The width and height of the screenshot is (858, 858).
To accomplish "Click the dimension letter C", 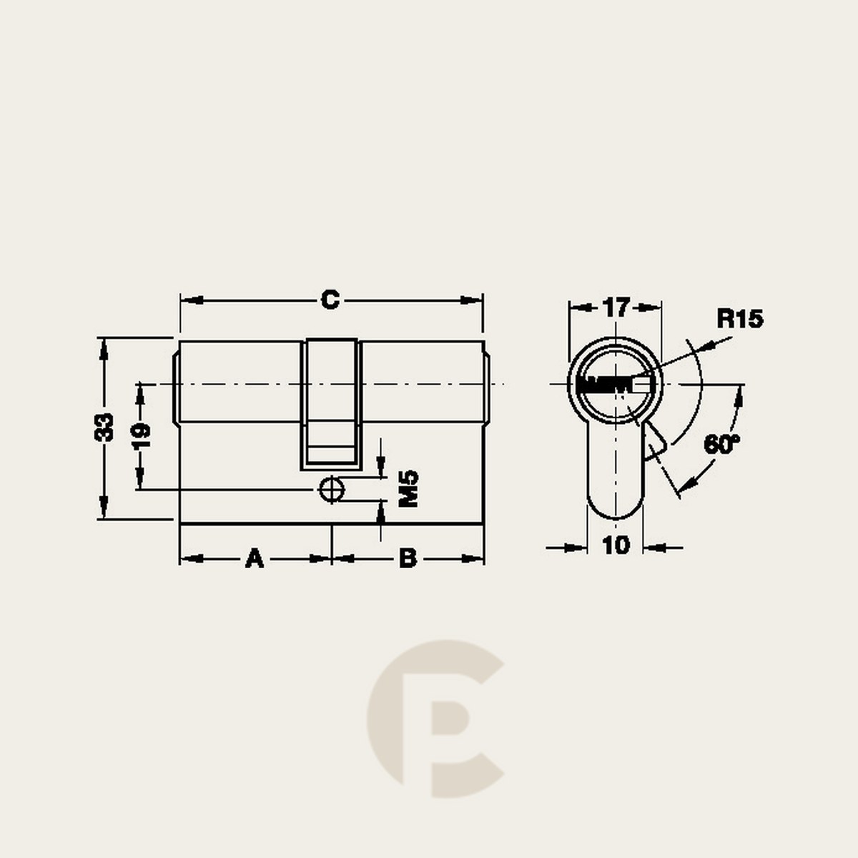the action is click(x=330, y=300).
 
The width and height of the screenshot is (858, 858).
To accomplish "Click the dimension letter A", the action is click(x=255, y=558).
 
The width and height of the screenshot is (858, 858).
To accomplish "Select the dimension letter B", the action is click(x=408, y=558).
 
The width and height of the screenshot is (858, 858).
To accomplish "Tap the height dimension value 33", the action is click(x=104, y=428).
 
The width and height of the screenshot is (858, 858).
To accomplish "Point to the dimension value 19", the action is click(x=142, y=436).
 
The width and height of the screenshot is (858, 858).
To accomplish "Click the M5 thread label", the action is click(x=408, y=488).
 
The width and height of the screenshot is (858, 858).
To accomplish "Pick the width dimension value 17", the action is click(x=616, y=307).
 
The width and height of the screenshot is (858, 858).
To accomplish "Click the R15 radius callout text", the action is click(x=740, y=319).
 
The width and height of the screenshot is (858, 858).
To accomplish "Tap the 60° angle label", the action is click(x=721, y=444).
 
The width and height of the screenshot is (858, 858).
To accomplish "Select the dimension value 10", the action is click(x=616, y=546).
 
